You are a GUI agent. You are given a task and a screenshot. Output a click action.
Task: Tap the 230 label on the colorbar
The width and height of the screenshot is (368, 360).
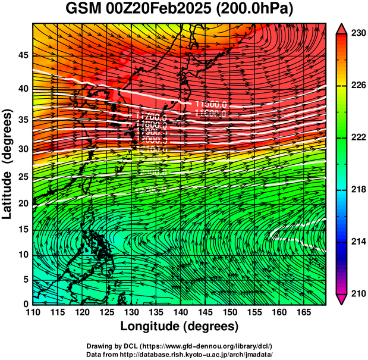pyautogui.click(x=356, y=34)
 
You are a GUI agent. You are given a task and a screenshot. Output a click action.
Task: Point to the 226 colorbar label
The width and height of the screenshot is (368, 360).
pyautogui.click(x=356, y=86)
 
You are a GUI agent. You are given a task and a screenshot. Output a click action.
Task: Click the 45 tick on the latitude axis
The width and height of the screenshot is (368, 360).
pyautogui.click(x=23, y=55)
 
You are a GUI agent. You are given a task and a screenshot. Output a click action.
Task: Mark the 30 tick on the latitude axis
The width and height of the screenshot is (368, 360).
pyautogui.click(x=23, y=149)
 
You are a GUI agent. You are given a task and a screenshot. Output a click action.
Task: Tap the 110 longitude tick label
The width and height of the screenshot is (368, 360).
pyautogui.click(x=33, y=311)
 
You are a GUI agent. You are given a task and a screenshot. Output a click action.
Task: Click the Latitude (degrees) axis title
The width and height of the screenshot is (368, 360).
pyautogui.click(x=8, y=164)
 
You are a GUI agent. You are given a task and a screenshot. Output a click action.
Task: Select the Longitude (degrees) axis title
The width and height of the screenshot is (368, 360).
pyautogui.click(x=180, y=326)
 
